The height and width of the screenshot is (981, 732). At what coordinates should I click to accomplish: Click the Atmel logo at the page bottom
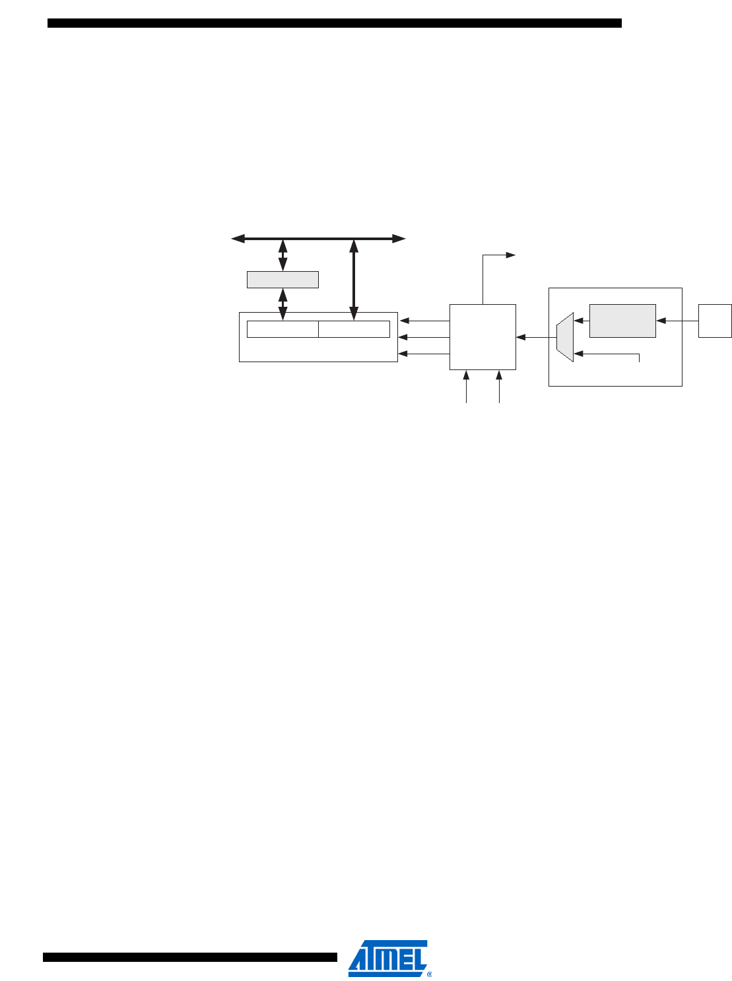tap(387, 957)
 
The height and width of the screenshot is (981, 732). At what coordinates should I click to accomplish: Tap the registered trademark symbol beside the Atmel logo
tap(430, 973)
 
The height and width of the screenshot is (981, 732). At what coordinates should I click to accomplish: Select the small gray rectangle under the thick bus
tap(283, 280)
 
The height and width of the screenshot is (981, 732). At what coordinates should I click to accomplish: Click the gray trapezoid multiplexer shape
tap(565, 338)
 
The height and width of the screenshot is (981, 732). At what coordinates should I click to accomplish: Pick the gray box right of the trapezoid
tap(622, 321)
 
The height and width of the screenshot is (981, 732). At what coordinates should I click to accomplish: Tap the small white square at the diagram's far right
tap(715, 321)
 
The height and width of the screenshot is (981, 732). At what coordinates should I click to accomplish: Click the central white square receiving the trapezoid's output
tap(482, 337)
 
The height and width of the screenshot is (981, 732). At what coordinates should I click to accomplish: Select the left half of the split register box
tap(283, 329)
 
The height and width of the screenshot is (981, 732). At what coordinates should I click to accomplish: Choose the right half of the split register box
tap(354, 329)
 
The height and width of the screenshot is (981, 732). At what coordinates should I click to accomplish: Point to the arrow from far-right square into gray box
tap(677, 321)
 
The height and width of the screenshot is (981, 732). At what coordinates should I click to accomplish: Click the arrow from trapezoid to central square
tap(536, 338)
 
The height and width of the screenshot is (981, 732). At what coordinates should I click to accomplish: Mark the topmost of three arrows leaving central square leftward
tap(424, 321)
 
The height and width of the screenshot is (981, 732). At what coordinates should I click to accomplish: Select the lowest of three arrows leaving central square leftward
tap(424, 354)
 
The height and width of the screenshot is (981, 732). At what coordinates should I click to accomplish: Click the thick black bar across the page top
tap(335, 23)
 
